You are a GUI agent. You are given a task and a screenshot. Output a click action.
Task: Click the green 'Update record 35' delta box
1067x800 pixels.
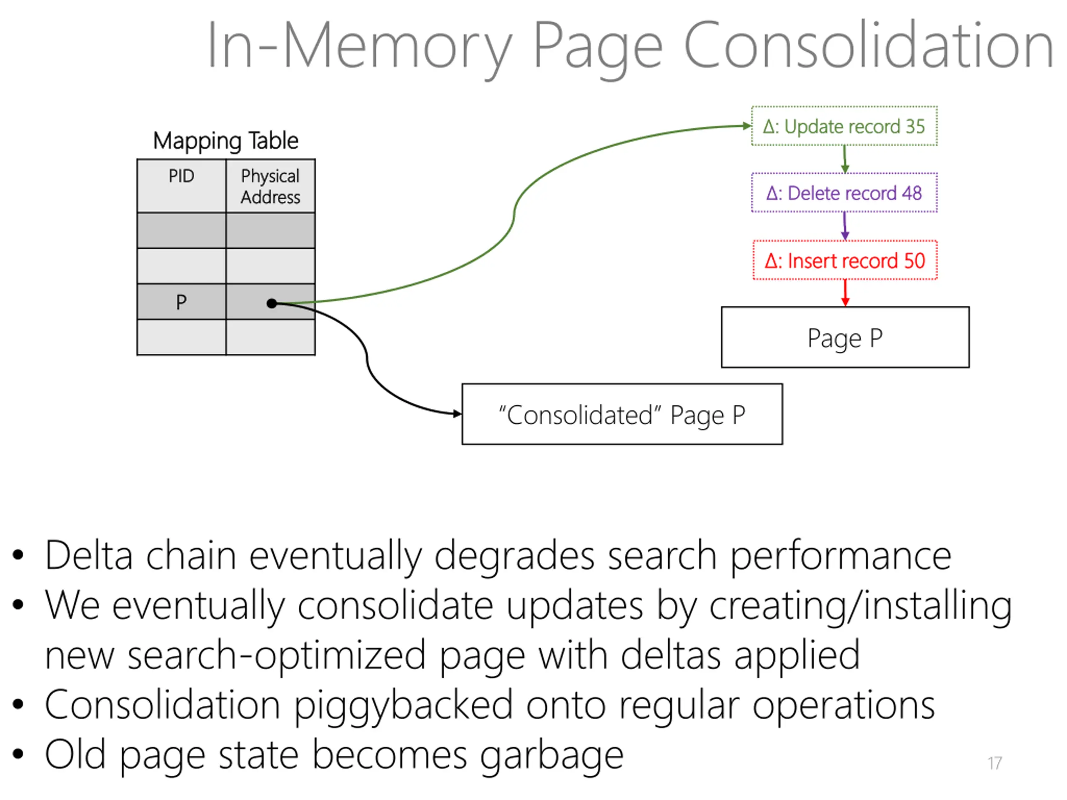(x=844, y=126)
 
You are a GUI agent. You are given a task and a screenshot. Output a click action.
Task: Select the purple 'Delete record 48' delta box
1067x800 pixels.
(x=844, y=192)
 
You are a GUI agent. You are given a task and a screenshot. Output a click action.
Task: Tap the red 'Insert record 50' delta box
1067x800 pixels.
(x=845, y=260)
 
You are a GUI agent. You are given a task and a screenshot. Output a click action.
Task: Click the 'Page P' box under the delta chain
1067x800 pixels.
(x=845, y=337)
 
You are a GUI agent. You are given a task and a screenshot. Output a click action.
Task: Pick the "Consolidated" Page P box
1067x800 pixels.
(x=622, y=414)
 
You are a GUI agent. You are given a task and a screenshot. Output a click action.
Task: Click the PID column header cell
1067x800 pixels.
(x=181, y=186)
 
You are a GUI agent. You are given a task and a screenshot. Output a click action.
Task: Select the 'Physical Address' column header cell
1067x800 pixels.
(x=271, y=186)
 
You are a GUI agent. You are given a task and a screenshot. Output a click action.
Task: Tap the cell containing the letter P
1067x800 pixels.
(x=181, y=301)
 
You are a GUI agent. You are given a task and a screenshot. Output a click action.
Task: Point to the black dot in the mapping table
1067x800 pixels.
(x=272, y=303)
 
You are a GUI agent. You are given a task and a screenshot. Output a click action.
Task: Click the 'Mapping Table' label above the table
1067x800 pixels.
(x=226, y=141)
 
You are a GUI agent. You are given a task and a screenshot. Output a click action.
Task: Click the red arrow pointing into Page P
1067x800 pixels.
(x=845, y=292)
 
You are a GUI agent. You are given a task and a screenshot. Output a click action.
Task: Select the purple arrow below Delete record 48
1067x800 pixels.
(x=844, y=226)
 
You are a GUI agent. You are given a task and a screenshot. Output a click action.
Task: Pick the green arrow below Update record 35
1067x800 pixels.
(x=844, y=159)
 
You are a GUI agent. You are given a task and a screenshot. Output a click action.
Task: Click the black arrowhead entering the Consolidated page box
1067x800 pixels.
(x=457, y=413)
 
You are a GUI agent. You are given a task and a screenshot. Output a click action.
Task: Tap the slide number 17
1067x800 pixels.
(x=994, y=763)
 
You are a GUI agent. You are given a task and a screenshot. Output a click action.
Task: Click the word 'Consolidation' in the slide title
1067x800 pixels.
(x=868, y=46)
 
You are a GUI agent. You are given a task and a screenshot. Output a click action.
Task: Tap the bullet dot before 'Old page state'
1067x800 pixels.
(x=18, y=753)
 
